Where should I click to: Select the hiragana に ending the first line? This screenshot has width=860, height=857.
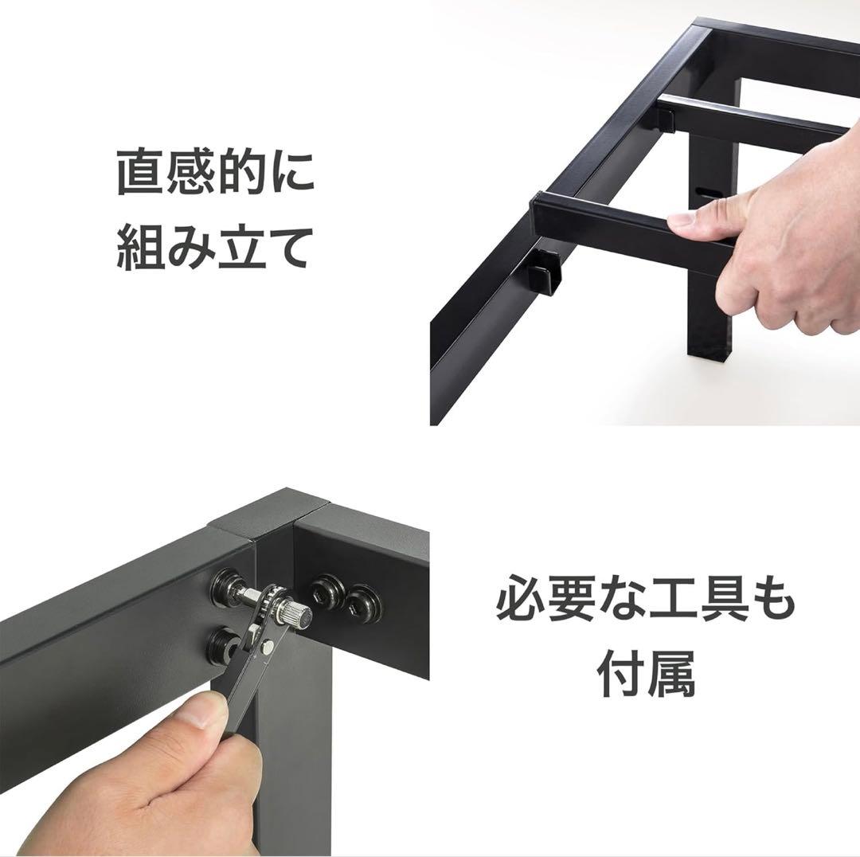290,174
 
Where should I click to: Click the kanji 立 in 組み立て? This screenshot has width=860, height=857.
241,249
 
